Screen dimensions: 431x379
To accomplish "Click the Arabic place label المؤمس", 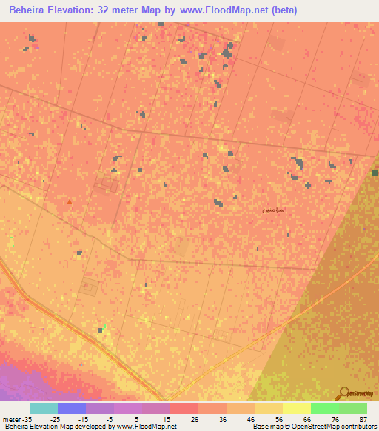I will point(274,210).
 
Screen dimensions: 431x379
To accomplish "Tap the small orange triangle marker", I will point(70,201).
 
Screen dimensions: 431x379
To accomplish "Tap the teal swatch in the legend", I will point(44,408).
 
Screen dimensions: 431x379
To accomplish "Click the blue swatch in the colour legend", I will point(72,408).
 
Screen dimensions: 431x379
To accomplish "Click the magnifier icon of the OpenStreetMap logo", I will point(343,394).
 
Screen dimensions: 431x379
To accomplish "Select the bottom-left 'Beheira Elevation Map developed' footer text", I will point(59,427).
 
